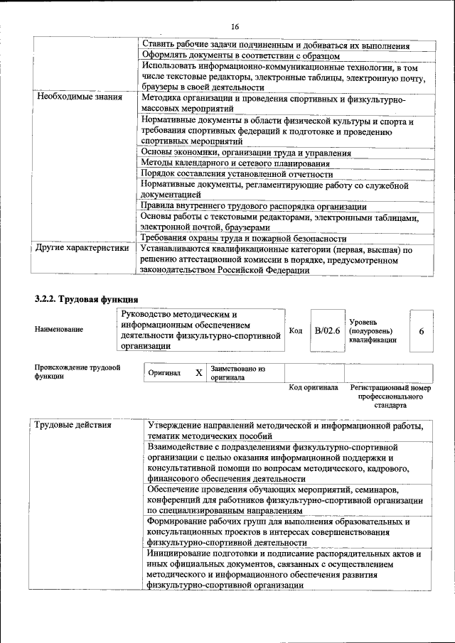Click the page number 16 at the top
tap(235, 26)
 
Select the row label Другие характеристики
tap(82, 249)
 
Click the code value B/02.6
tap(327, 330)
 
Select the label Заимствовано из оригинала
tap(237, 374)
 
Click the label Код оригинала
tap(313, 388)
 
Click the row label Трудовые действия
tap(73, 425)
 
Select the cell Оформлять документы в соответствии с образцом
tap(240, 55)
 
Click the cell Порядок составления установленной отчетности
tap(237, 174)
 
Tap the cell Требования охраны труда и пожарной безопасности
tap(243, 239)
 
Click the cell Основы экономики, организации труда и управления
tap(245, 153)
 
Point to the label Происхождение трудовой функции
tap(77, 372)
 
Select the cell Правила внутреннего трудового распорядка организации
tap(254, 206)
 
